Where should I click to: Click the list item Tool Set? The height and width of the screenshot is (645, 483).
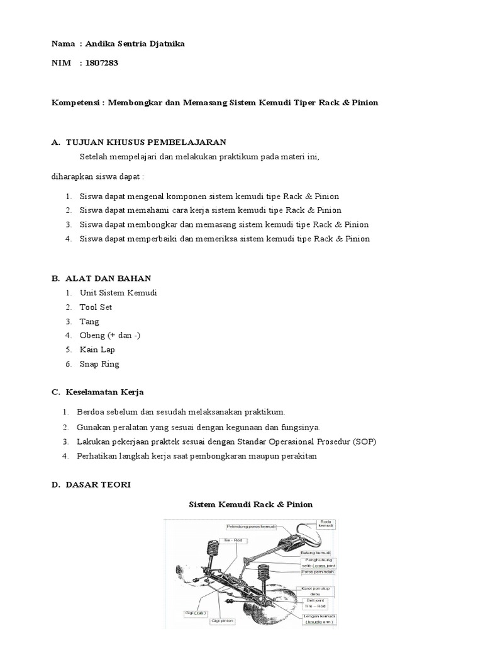point(96,307)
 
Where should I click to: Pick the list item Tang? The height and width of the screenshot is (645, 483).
point(89,321)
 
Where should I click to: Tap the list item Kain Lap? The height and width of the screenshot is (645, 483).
point(97,350)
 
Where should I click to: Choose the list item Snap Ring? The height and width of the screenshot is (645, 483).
point(99,364)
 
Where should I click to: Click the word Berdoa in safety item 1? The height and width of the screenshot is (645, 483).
point(90,412)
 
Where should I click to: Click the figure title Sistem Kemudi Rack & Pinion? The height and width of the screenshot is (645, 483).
point(251,505)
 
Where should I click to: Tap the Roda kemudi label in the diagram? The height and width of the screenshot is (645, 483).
point(326,524)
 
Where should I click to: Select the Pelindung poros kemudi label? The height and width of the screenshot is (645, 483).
point(252,525)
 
